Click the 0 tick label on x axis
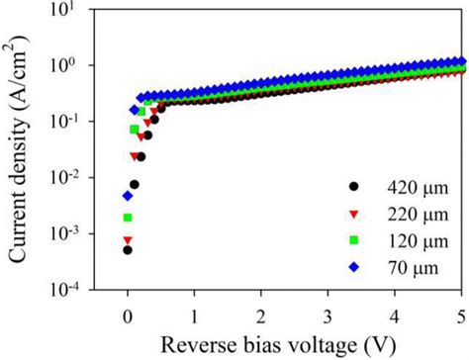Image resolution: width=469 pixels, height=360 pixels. [x=128, y=315]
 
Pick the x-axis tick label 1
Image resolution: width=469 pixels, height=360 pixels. [x=194, y=315]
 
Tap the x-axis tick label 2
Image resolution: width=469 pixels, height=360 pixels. [x=261, y=315]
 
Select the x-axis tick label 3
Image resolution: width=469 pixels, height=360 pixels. [x=328, y=315]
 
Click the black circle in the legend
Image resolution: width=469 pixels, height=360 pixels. [x=352, y=186]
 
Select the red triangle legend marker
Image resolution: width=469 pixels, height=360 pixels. [x=352, y=213]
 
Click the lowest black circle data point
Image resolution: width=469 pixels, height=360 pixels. [x=128, y=250]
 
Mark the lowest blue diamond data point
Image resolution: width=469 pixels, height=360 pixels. [x=128, y=196]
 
